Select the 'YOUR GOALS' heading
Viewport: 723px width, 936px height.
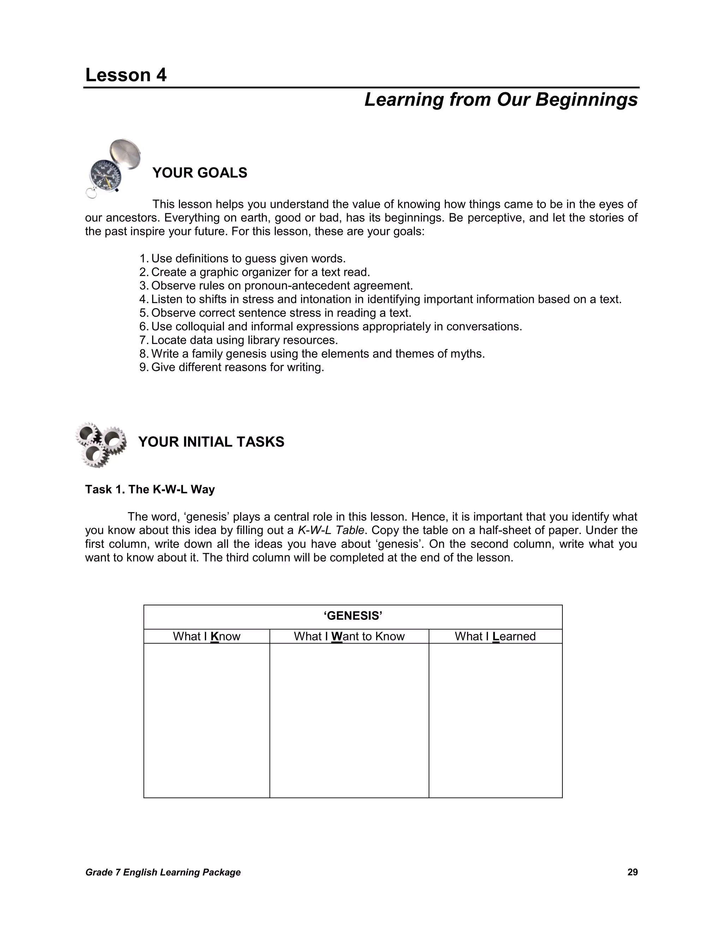[x=199, y=173]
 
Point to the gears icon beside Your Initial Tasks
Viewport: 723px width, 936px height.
[x=101, y=444]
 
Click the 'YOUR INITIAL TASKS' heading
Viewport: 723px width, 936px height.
[x=211, y=442]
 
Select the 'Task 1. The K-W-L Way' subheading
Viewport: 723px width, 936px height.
[x=150, y=490]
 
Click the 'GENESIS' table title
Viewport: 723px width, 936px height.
[x=353, y=616]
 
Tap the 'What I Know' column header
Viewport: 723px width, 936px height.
[x=207, y=636]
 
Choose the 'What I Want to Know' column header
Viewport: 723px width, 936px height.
[x=349, y=636]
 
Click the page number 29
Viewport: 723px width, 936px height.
[x=632, y=872]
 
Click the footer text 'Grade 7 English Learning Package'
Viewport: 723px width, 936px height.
[x=163, y=872]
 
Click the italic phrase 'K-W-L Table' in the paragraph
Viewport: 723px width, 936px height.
[x=331, y=531]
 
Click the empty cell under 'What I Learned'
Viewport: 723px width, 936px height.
[x=495, y=720]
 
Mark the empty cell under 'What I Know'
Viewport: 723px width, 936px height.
[x=207, y=720]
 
